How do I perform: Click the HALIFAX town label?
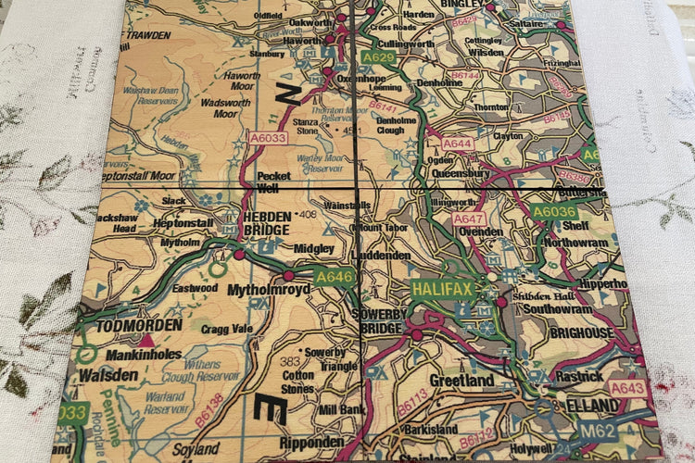point(443,289)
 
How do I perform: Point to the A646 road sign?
point(334,276)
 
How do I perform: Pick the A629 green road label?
point(378,57)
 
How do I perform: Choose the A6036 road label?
point(555,212)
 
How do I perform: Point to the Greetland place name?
point(461,381)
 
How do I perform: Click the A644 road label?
point(457,144)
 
